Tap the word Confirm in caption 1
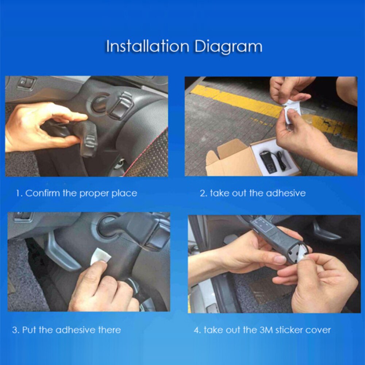(x=42, y=193)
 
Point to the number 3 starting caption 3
(x=15, y=330)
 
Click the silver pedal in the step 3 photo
(x=61, y=251)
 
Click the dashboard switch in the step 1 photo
(x=27, y=82)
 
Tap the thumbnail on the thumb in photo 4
(x=280, y=259)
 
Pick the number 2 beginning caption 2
(x=203, y=193)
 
